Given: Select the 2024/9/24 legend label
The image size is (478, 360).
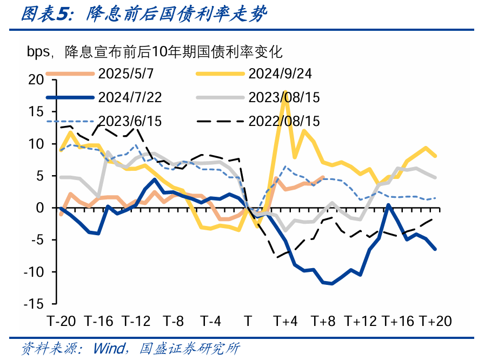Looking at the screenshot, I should [x=280, y=73].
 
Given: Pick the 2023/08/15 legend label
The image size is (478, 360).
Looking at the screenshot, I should [x=284, y=97].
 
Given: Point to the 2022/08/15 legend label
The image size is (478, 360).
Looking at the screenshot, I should [x=284, y=121].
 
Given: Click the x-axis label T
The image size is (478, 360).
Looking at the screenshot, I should [x=248, y=321].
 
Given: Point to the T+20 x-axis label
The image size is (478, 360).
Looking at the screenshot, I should [x=435, y=321].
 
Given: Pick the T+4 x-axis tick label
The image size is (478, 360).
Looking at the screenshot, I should [x=286, y=321].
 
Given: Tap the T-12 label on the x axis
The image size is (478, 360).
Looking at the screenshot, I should [x=136, y=321].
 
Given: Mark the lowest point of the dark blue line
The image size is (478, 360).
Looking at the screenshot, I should [x=332, y=284].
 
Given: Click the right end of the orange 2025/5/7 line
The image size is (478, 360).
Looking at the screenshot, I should [x=323, y=177].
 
